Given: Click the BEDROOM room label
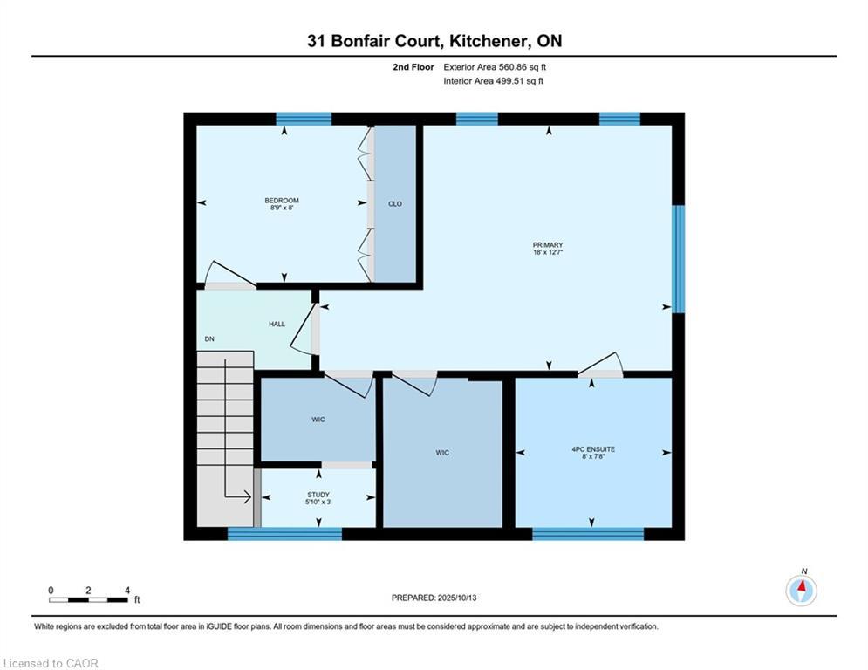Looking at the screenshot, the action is (282, 201).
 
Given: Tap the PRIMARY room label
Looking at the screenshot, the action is (548, 245).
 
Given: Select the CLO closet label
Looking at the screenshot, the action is (394, 204).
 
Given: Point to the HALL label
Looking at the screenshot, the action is (277, 324).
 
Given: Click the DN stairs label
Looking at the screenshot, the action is (209, 338).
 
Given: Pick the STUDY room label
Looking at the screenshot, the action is (318, 495).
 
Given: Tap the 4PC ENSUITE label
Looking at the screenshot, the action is (593, 449).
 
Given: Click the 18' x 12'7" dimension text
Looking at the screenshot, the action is (548, 252).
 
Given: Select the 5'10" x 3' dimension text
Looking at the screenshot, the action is (318, 502).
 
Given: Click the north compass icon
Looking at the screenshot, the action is (801, 591).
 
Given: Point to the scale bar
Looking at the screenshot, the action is (89, 599).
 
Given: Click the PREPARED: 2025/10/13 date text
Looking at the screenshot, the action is (434, 598).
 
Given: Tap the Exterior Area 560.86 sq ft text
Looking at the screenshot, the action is (495, 67).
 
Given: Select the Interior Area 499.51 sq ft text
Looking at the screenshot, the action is (493, 81).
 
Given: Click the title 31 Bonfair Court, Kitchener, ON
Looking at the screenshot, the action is (434, 41).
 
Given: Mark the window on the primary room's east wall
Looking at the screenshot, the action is (678, 259).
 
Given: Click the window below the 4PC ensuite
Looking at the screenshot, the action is (589, 534).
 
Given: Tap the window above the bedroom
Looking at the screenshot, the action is (304, 119).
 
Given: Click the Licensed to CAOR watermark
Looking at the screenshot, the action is (51, 663).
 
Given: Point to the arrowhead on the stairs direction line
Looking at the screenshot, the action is (248, 497).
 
